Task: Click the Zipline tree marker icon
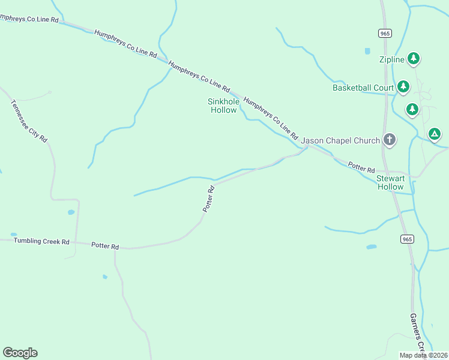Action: click(413, 58)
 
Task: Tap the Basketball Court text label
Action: click(363, 88)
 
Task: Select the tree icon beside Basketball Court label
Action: click(403, 87)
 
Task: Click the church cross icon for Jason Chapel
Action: click(390, 140)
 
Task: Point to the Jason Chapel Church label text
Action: click(340, 141)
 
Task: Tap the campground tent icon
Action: click(435, 133)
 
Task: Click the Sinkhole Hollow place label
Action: click(223, 106)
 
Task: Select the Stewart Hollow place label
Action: click(390, 182)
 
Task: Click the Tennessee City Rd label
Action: click(29, 121)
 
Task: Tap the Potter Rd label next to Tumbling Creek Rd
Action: click(105, 246)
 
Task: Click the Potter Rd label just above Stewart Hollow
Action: click(361, 167)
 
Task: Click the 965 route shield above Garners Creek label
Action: click(407, 239)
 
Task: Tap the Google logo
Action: click(20, 353)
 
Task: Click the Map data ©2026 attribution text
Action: click(423, 355)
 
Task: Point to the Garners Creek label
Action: click(417, 333)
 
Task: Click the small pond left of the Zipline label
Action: click(367, 51)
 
